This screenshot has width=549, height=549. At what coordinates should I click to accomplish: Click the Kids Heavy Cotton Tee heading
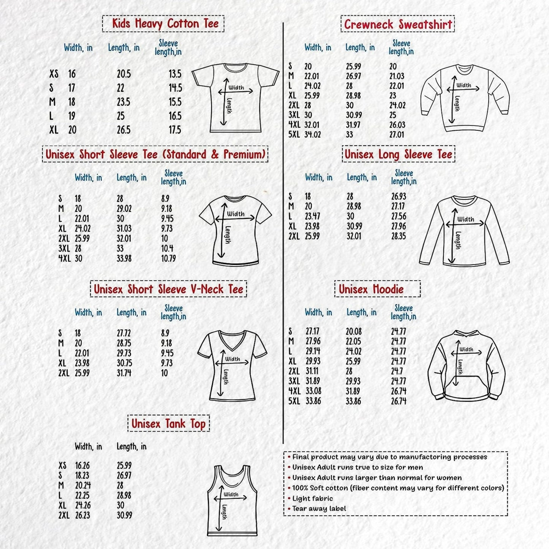coord(163,24)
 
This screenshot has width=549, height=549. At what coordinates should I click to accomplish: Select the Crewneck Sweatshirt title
coord(397,24)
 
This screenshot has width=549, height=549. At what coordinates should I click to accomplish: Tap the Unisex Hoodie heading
coord(371,289)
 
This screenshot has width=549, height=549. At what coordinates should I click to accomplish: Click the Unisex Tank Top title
coord(168,424)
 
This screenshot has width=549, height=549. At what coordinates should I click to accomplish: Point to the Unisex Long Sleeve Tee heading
coord(398,154)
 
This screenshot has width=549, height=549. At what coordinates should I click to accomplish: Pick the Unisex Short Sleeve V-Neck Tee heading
coord(168,289)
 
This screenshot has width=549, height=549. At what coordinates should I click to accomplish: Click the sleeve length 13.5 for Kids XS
coord(175,74)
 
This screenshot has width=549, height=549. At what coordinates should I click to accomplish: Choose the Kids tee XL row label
coord(54,130)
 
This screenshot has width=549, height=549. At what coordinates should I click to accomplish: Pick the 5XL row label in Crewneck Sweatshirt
coord(294,134)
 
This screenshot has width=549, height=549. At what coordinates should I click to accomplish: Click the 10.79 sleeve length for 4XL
coord(168,259)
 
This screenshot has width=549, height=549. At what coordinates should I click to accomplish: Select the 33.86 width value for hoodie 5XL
coord(313,401)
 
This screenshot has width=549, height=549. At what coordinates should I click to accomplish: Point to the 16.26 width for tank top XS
coord(82,465)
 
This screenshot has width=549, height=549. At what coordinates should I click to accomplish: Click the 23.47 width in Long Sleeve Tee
coord(312,216)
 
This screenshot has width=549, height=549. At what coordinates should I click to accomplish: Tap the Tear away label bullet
coord(319,509)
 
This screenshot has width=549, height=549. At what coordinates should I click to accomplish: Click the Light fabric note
coord(312,498)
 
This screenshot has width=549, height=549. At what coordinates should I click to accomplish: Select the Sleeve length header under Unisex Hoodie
coord(403,312)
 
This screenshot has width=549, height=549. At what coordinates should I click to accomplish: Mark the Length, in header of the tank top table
coord(131,446)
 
